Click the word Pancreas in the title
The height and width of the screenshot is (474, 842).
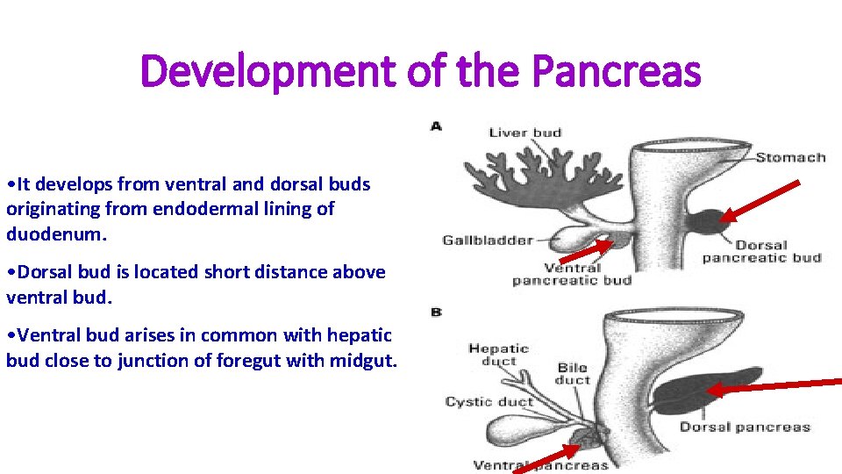617,71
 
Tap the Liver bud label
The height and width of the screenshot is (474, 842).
524,133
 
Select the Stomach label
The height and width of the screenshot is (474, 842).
790,158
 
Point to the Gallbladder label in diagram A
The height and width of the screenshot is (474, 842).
488,240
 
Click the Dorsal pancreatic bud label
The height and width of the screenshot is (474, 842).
761,251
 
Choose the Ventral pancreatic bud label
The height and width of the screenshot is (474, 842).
572,274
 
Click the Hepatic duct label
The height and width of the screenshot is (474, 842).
499,355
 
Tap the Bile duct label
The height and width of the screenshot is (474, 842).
573,374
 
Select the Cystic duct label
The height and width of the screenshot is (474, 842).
489,402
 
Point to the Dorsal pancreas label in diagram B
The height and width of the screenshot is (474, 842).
745,427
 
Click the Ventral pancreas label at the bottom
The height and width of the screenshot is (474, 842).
540,464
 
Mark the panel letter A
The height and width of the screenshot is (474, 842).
436,126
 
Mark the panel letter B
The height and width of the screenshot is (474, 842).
436,312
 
